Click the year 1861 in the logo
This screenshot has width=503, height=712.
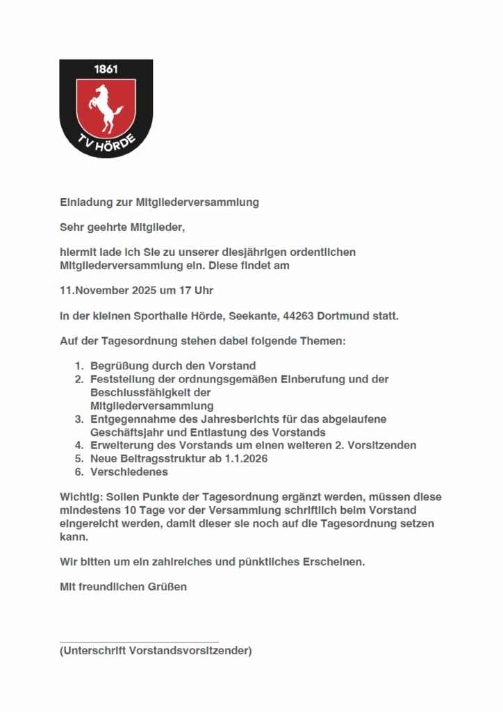(x=106, y=70)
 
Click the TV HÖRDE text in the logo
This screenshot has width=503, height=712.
(x=106, y=144)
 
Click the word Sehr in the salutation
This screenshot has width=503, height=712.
(x=71, y=227)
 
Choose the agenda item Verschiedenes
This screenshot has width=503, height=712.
(x=129, y=472)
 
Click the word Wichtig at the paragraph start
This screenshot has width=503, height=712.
(x=79, y=497)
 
